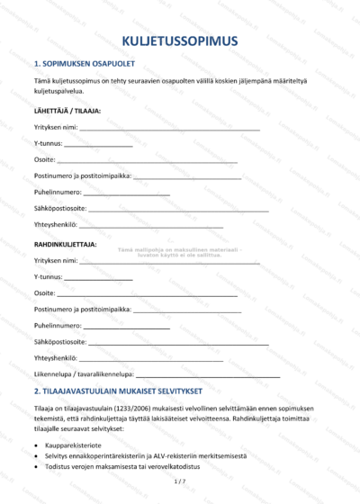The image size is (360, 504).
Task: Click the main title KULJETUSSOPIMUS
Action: (x=180, y=40)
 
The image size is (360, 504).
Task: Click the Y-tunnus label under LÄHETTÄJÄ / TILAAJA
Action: (x=48, y=144)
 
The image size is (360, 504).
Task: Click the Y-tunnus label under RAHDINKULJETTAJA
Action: (x=48, y=276)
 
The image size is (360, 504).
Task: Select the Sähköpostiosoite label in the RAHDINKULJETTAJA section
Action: (x=60, y=342)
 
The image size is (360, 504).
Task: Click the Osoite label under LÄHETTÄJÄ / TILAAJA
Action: (x=44, y=160)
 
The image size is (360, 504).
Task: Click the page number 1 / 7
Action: (x=179, y=483)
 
